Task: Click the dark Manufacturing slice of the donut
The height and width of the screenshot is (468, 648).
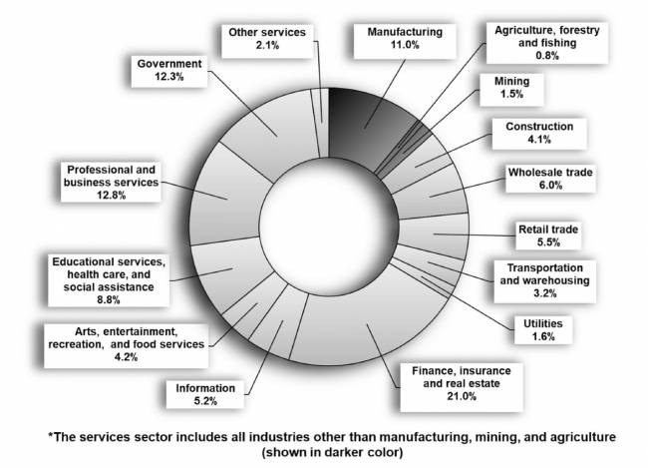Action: (354, 121)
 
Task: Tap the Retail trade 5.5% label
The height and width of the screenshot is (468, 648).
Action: (548, 236)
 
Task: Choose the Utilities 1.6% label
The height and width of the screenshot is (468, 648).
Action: (533, 330)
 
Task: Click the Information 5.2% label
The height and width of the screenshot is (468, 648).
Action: (204, 394)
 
